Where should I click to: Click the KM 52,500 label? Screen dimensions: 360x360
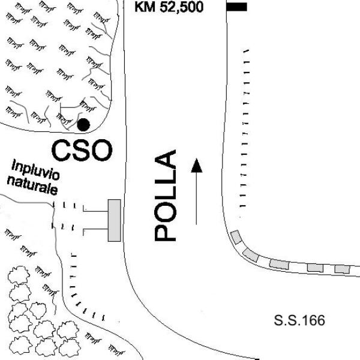(169, 7)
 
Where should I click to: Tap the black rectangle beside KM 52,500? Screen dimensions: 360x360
(236, 7)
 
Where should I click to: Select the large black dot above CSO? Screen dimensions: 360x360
(83, 125)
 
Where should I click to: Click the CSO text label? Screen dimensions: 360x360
(82, 151)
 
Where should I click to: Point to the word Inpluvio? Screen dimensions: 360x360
(35, 170)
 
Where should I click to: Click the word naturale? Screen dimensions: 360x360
(32, 186)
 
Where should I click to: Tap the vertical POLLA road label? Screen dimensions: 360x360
(166, 196)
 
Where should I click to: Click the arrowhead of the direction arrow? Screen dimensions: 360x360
(197, 166)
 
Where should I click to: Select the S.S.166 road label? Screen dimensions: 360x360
(299, 320)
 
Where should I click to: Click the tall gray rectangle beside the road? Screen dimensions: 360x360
(115, 220)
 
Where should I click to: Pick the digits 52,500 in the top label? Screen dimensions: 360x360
(181, 7)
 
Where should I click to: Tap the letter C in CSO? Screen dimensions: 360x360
(61, 151)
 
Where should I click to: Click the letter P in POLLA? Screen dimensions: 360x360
(166, 232)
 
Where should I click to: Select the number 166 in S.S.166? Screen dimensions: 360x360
(313, 320)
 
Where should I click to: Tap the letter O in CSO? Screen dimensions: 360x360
(101, 151)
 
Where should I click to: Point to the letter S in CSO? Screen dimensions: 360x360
(81, 151)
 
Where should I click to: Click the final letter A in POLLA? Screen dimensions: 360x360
(166, 159)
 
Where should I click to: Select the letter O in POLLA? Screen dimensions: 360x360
(166, 212)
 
